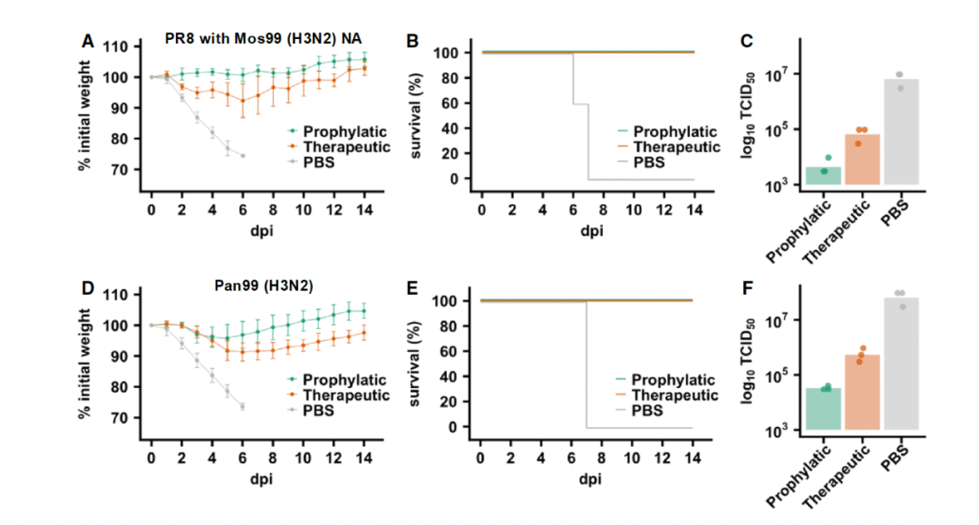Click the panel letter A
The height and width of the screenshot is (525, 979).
tap(88, 41)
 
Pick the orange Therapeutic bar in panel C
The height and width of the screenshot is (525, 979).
tap(861, 160)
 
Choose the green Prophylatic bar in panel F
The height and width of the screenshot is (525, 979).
tap(823, 408)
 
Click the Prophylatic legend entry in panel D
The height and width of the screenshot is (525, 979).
tap(344, 379)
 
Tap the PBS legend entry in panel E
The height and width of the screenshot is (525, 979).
tap(646, 411)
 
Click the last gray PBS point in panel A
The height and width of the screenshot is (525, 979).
tap(243, 156)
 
